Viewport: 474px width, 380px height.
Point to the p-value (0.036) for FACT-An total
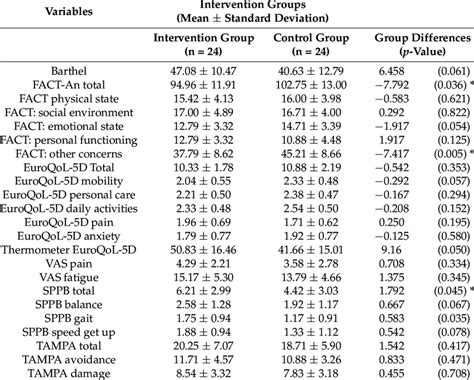(439, 87)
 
